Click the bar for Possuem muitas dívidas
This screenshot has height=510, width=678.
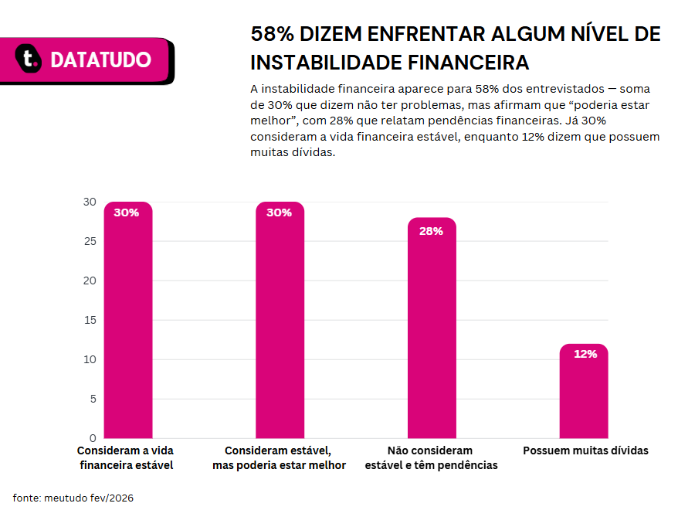[584, 391]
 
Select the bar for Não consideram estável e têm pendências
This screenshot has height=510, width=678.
[432, 328]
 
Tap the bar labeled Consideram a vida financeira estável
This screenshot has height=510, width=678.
[128, 320]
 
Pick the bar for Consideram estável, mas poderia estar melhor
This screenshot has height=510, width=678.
[280, 320]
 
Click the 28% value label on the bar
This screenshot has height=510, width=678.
[431, 231]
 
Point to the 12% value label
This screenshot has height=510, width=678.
[585, 354]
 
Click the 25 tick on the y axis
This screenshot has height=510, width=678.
[90, 241]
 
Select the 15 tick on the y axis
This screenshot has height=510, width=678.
[90, 320]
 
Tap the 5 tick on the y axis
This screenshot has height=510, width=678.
[93, 399]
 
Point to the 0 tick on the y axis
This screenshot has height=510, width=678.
[93, 438]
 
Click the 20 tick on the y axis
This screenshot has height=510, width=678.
[90, 280]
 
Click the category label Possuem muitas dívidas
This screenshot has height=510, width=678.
[585, 450]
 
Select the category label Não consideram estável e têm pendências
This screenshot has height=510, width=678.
[431, 457]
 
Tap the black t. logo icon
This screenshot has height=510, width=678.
[29, 58]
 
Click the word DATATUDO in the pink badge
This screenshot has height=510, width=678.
[100, 59]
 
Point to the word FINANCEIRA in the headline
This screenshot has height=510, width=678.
[468, 63]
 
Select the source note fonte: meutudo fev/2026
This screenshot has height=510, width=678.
[73, 498]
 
